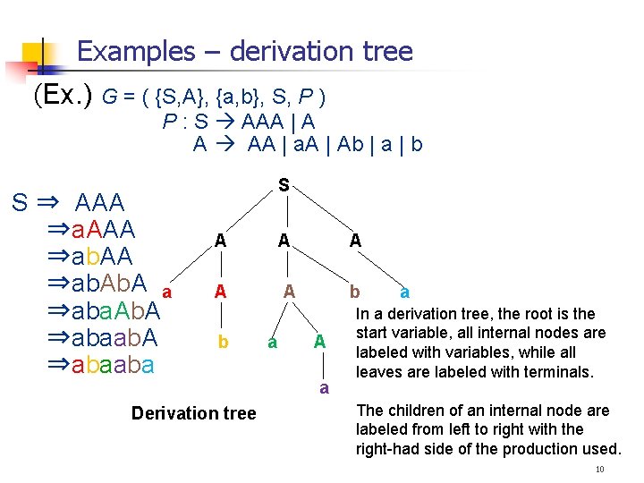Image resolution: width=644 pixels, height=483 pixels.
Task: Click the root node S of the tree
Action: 284,185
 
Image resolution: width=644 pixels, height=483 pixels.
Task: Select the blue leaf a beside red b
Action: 405,292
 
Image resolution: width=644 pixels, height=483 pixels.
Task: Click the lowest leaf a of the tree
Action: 324,387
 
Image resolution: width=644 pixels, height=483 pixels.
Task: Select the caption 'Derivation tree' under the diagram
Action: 193,413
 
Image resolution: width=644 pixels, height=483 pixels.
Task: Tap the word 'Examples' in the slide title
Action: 135,51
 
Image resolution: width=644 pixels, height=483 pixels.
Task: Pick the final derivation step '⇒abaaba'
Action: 101,365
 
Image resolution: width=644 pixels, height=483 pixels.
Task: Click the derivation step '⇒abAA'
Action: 90,257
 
